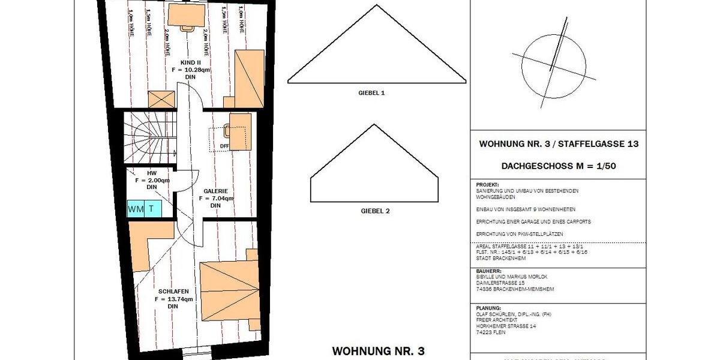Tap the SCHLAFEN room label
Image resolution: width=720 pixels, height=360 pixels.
click(173, 291)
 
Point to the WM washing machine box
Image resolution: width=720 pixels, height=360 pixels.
click(135, 209)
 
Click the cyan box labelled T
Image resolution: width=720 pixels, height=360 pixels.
click(152, 209)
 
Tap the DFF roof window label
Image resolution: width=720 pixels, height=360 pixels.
click(224, 145)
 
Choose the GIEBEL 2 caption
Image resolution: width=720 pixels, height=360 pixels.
click(376, 211)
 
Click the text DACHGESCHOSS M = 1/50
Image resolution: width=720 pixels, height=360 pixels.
click(559, 166)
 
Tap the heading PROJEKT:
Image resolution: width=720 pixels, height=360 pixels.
click(487, 185)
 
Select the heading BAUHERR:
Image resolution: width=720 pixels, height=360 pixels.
click(488, 271)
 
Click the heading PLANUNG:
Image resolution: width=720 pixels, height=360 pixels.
click(489, 307)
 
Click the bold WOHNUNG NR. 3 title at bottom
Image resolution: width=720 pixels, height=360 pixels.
click(379, 350)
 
